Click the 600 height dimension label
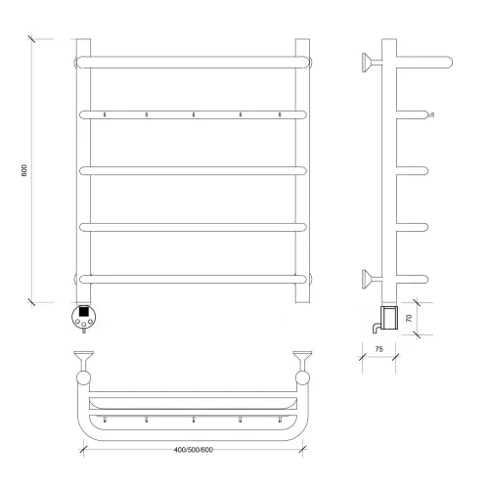[x=24, y=171]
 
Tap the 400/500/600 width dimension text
[x=194, y=450]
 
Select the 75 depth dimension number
[x=378, y=349]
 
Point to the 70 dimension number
[x=409, y=318]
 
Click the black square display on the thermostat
[x=84, y=311]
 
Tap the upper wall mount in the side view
[x=372, y=62]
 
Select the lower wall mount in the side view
[x=372, y=280]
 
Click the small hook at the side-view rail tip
[x=431, y=114]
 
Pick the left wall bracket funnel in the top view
[x=84, y=360]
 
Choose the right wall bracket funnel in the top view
[x=302, y=360]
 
